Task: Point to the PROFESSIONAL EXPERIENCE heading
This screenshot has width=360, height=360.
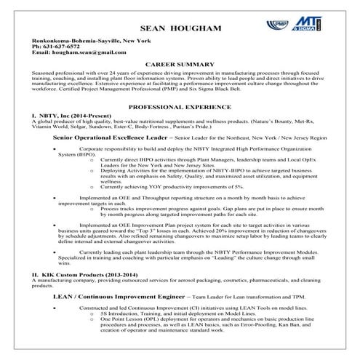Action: click(x=179, y=106)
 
